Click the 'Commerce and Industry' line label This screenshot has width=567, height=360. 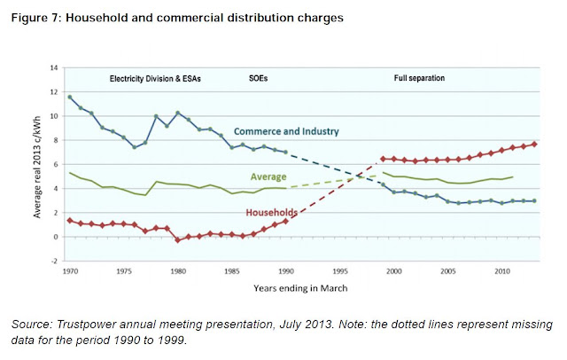point(286,131)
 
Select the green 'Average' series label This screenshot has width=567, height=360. point(268,176)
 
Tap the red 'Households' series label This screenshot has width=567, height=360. point(272,213)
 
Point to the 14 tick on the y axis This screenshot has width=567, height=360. point(54,67)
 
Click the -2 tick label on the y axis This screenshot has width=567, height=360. point(54,261)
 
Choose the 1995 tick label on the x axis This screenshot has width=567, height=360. point(340,271)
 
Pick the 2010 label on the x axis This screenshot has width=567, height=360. point(502,271)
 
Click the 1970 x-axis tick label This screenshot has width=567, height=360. point(70,271)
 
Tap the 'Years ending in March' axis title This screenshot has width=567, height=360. point(300,288)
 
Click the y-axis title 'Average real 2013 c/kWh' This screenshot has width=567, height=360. point(37,167)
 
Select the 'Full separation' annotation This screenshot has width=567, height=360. point(419,78)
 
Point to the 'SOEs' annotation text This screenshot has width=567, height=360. point(258,79)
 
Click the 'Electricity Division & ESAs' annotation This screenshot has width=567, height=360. point(155,79)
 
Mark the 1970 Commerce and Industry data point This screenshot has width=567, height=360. point(70,97)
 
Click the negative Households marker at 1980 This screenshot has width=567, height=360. point(177,240)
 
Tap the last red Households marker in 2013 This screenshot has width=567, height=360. point(534,144)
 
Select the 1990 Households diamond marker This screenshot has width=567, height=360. point(285,221)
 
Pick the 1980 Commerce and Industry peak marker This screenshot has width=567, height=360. point(177,113)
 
